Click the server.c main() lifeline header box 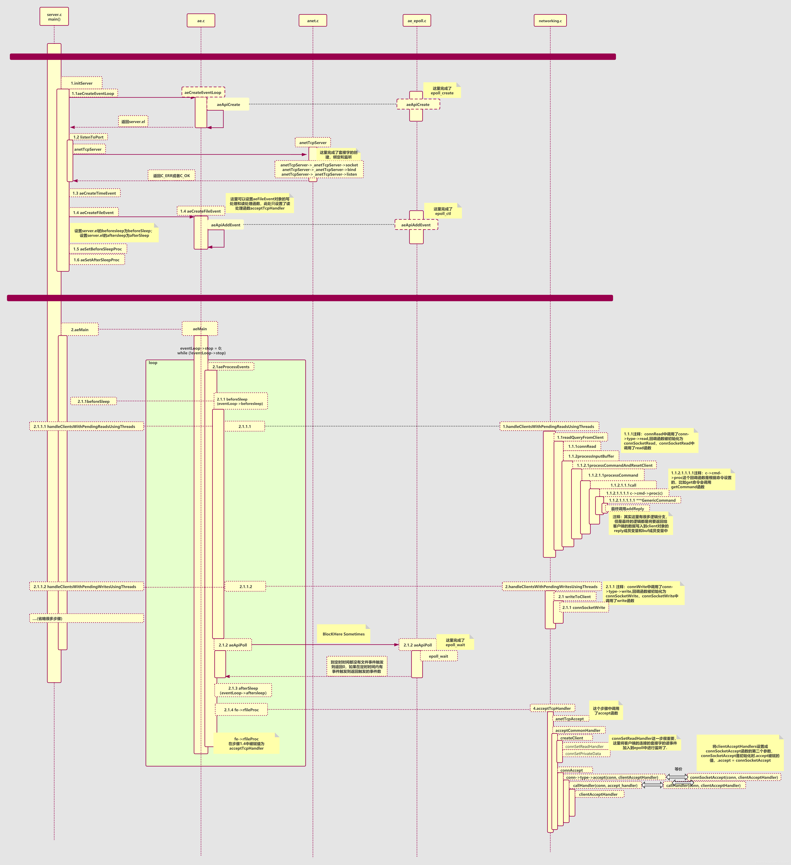pos(54,17)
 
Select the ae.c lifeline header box pos(201,21)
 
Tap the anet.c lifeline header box pos(313,21)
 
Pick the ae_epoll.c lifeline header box pos(417,21)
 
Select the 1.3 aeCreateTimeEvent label pos(94,193)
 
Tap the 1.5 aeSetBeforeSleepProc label pos(98,249)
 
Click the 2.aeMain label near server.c pos(80,330)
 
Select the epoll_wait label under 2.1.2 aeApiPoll pos(438,656)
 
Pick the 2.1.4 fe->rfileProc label pos(242,710)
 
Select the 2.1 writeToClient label pos(574,596)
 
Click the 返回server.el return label pos(133,121)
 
